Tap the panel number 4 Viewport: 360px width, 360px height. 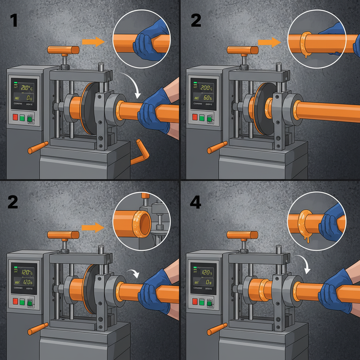pos(194,202)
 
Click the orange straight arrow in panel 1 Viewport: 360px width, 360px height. pos(93,42)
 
